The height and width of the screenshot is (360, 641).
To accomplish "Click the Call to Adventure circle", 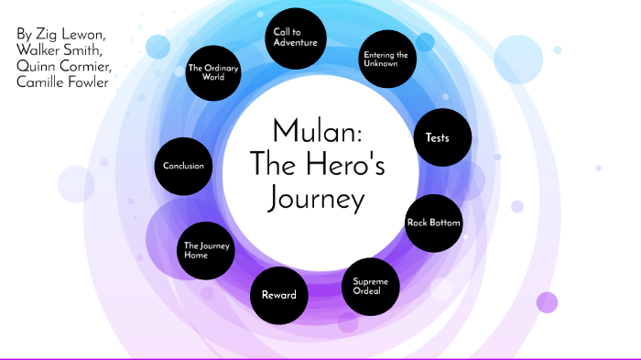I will (x=295, y=38).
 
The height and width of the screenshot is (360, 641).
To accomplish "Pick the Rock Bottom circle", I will (x=433, y=223).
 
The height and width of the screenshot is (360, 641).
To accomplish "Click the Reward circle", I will (x=278, y=295).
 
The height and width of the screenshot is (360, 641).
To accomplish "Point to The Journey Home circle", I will (x=207, y=250).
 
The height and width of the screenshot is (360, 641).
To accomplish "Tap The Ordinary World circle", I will (x=212, y=72).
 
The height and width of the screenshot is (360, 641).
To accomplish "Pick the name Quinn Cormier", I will (x=63, y=67).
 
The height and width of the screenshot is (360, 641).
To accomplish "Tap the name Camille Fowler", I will (x=62, y=83).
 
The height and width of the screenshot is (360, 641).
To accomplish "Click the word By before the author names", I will (x=25, y=34).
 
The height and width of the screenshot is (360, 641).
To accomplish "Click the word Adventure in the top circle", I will (x=295, y=42).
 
